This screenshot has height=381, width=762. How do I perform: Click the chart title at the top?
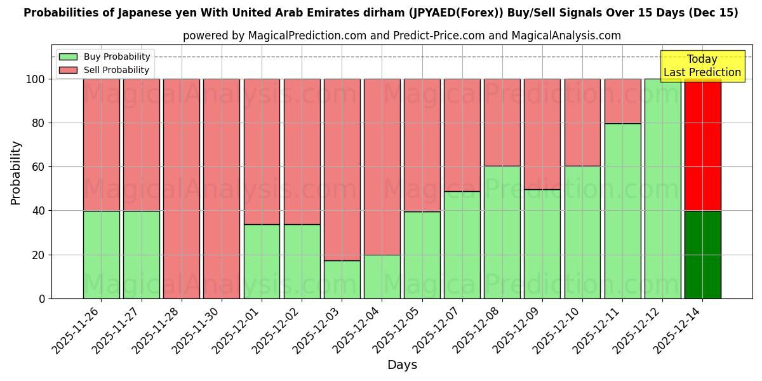[x=380, y=13]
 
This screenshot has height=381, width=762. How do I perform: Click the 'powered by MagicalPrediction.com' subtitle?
[x=401, y=36]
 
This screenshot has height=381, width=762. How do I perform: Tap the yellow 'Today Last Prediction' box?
[x=702, y=66]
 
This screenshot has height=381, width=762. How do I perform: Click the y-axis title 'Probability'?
[x=16, y=173]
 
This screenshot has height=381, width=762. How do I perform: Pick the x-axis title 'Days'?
[x=402, y=365]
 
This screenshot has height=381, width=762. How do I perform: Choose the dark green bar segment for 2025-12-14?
[x=702, y=255]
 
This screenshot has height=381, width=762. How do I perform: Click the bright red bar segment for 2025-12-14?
[x=702, y=145]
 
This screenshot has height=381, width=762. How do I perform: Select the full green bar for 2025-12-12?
[x=662, y=189]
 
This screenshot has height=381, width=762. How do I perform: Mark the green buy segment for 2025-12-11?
[x=622, y=211]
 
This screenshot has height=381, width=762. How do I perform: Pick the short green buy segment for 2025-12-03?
[x=342, y=279]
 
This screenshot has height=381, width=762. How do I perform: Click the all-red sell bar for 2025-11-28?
[x=182, y=189]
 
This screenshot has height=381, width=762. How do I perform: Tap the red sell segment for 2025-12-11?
[x=622, y=101]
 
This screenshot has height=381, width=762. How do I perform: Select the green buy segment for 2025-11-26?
[x=102, y=255]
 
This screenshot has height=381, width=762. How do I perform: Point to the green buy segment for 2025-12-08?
[x=502, y=232]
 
